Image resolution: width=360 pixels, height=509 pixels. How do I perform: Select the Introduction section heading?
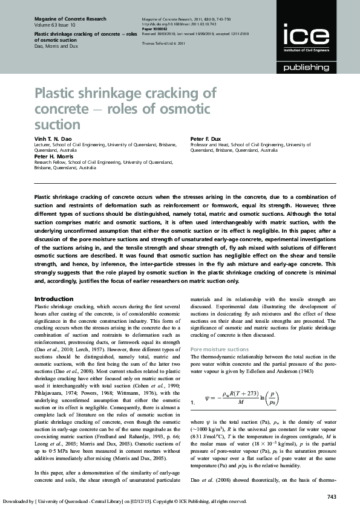pyautogui.click(x=54, y=299)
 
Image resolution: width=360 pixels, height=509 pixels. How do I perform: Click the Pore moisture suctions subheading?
pyautogui.click(x=219, y=349)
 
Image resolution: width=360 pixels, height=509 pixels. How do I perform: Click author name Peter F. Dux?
pyautogui.click(x=207, y=140)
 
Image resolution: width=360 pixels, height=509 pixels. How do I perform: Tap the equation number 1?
pyautogui.click(x=193, y=402)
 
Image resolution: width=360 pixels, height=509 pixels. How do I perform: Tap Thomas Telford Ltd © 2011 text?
pyautogui.click(x=163, y=44)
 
